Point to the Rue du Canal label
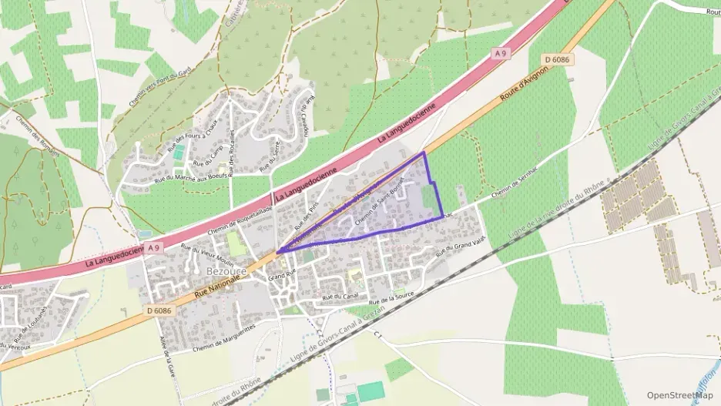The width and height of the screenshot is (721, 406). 342,296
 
